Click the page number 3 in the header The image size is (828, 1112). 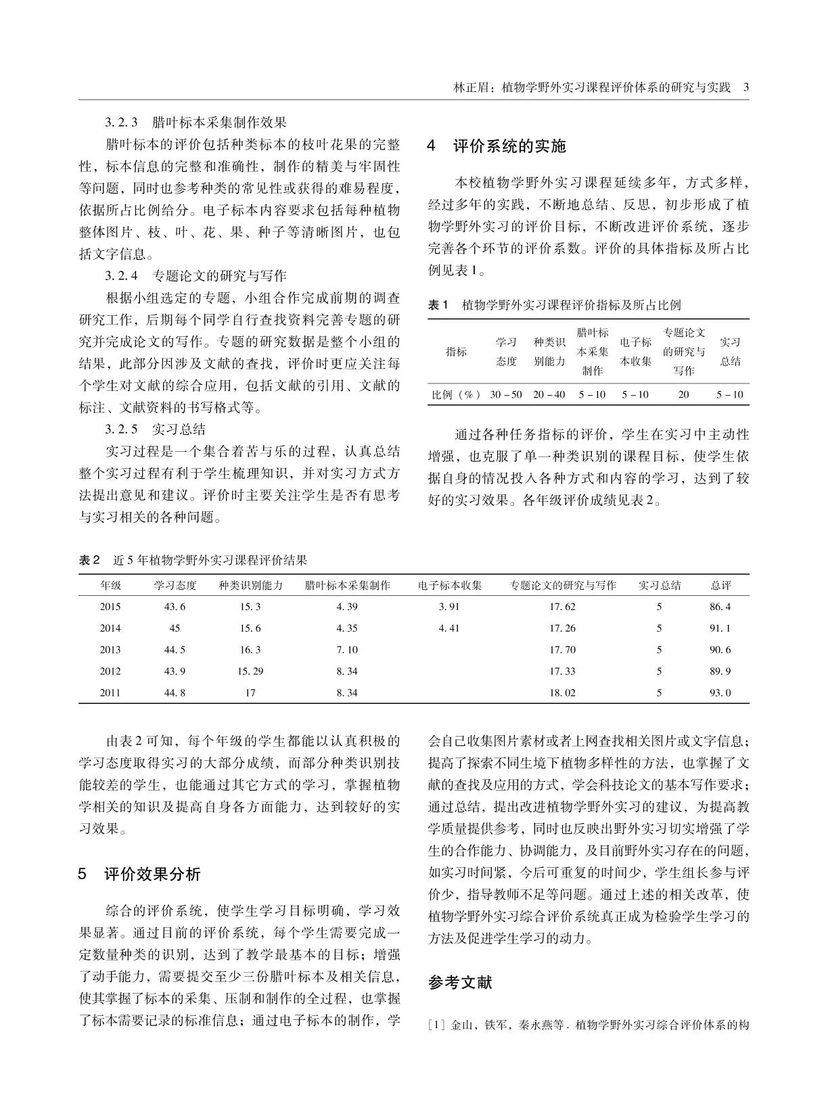coord(745,87)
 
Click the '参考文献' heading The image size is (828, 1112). coord(460,983)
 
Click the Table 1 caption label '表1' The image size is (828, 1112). coord(438,305)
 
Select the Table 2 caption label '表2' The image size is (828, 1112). coord(89,560)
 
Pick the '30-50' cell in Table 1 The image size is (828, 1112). coord(506,394)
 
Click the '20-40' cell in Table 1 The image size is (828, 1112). coord(549,394)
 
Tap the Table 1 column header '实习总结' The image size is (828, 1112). coord(730,352)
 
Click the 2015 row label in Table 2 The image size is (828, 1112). coord(110,607)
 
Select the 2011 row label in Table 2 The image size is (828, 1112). coord(110,693)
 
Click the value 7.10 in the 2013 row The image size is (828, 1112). coord(347,650)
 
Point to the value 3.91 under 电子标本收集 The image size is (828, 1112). coord(448,607)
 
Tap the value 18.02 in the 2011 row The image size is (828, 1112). coord(563,693)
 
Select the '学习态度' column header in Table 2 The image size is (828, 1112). coord(175,586)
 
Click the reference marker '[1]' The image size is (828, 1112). coord(436,1025)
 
